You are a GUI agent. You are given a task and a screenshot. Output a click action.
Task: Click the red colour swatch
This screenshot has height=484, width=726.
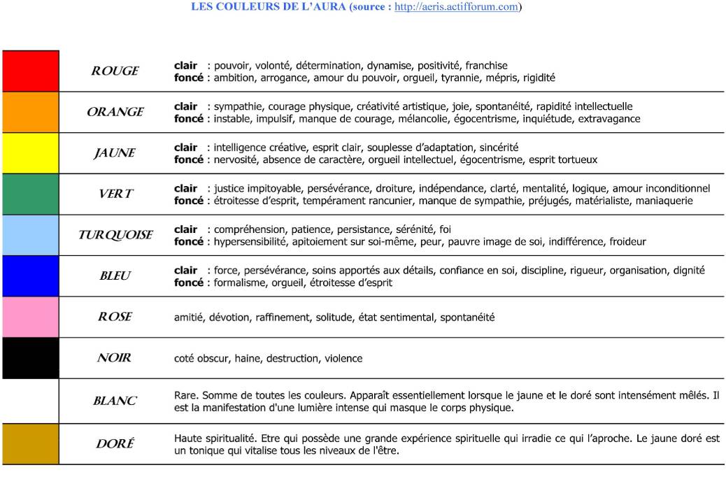pos(30,71)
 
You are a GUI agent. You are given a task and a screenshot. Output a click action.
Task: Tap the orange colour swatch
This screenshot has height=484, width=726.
pos(30,112)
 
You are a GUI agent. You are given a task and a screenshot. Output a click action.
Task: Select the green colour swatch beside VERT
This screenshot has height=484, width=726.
pos(30,194)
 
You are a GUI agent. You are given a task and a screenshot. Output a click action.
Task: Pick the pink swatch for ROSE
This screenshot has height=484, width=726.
pos(30,317)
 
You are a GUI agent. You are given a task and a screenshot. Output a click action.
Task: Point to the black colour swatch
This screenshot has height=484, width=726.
pos(30,358)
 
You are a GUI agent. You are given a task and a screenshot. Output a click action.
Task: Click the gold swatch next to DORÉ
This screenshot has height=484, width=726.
pos(30,444)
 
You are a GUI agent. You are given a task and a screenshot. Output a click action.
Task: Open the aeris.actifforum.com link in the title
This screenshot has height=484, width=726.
pos(457,7)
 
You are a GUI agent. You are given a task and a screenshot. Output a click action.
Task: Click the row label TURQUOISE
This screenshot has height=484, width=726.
pos(115,235)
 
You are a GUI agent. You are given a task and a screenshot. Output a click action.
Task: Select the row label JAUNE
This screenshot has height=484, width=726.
pos(115,153)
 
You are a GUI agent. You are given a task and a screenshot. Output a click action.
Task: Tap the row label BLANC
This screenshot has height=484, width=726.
pos(115,401)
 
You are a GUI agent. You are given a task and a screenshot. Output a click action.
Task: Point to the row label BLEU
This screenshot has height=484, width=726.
pos(115,276)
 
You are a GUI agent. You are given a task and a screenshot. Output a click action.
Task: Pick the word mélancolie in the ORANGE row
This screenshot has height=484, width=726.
pos(407,119)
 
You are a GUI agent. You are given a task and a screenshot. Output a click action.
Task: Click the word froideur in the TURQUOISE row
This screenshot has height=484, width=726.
pos(627,242)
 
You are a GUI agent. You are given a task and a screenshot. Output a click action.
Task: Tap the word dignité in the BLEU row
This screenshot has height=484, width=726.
pos(689,270)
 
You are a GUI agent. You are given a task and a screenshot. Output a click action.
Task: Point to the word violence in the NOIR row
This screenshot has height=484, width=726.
pos(343,359)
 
